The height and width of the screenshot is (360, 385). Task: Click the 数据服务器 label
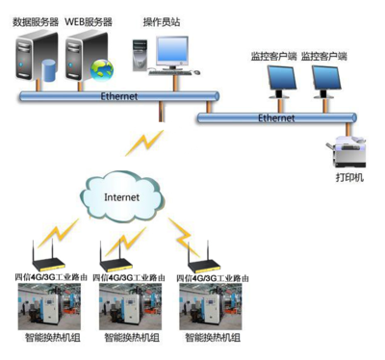tap(37, 21)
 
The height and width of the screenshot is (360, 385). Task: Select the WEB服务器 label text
tap(90, 21)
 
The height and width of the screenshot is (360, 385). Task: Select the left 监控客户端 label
tap(271, 57)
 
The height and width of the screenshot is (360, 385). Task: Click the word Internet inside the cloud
tap(120, 196)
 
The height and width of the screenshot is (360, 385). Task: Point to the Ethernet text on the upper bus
tap(119, 96)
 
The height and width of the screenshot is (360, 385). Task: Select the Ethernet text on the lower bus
tap(277, 117)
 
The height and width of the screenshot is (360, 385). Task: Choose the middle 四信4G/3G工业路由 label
tap(134, 278)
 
